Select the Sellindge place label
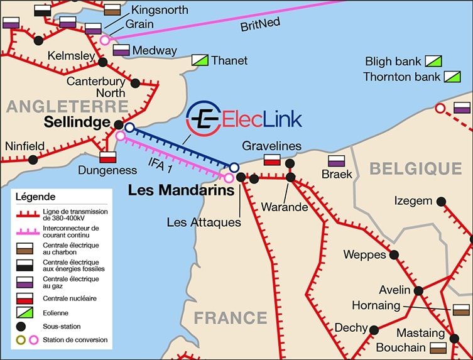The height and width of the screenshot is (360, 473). (76, 123)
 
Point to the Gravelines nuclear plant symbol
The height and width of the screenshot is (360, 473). (272, 160)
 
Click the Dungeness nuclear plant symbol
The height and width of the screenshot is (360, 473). (108, 157)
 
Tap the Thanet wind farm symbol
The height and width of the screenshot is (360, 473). (200, 60)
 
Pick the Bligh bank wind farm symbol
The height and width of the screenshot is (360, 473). (434, 62)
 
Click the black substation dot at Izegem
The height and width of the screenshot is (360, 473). (442, 202)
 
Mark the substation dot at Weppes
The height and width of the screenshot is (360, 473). (394, 254)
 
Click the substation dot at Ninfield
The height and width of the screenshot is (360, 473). (33, 160)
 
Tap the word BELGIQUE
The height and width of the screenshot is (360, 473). (415, 168)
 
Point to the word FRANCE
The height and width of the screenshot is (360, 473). (231, 317)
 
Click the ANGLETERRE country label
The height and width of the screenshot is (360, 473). (67, 106)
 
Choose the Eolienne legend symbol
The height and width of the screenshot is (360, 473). (25, 312)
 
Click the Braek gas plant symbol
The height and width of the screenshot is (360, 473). (337, 160)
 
